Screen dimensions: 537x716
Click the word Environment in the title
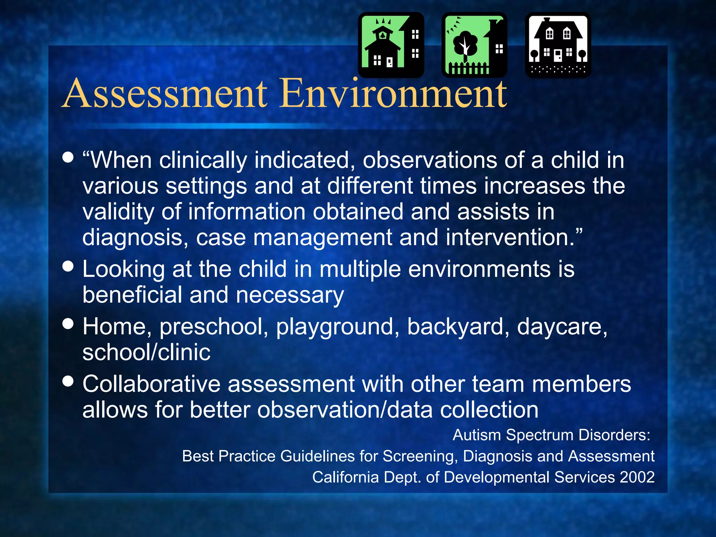(394, 94)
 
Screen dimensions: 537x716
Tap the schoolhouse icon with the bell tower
(391, 45)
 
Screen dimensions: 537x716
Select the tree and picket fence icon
(474, 45)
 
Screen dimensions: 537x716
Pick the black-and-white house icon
(558, 45)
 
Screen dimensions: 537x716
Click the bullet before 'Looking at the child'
(68, 266)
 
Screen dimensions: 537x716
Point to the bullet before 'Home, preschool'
(68, 323)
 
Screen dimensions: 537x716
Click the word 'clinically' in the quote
(203, 160)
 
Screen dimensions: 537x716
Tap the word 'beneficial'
(132, 295)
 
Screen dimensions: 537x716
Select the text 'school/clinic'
(146, 352)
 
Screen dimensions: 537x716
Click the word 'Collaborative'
(151, 384)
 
